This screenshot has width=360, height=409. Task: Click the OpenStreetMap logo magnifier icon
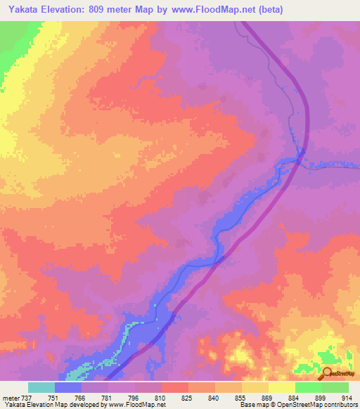point(328,373)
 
